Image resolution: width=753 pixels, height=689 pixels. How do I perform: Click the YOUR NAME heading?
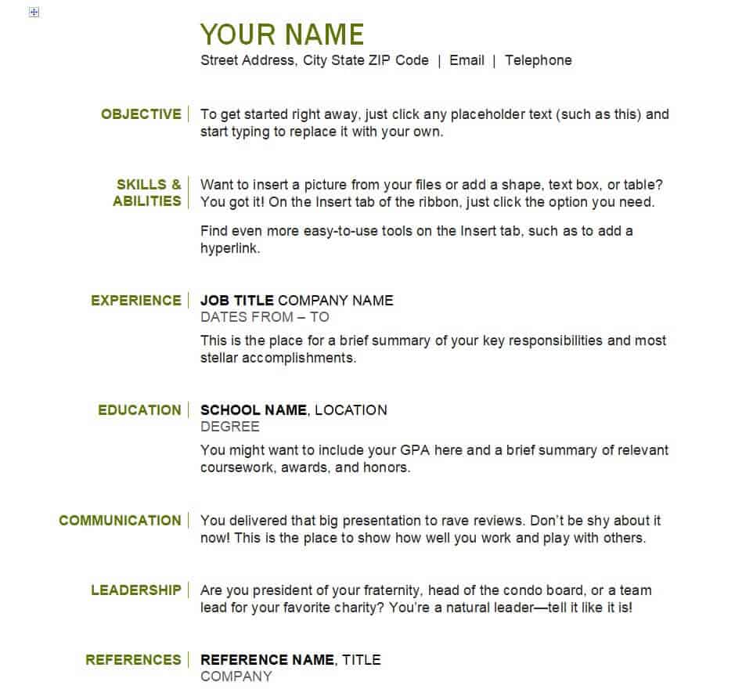pos(282,35)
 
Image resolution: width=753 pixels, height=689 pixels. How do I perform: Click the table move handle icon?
pos(34,13)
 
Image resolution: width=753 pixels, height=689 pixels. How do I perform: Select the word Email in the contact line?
pos(467,60)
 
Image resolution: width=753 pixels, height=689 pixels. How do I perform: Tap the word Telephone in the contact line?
pos(538,60)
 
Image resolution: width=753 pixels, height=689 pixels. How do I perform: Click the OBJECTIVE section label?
pos(141,114)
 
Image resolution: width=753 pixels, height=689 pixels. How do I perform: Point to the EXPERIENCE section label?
pos(135,301)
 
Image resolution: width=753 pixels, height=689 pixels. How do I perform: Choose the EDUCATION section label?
pos(139,410)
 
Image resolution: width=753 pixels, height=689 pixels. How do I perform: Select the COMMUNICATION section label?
pos(120,521)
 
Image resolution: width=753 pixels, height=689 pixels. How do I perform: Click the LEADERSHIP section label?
pos(135,590)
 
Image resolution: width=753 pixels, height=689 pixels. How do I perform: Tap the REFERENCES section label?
pos(133,660)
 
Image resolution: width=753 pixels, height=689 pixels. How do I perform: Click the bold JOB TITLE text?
pos(237,301)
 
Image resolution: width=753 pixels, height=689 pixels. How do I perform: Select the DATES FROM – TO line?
pos(265,317)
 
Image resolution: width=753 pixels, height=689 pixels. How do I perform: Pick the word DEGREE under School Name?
pos(230,427)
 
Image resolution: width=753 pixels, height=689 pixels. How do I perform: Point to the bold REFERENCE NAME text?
pos(268,660)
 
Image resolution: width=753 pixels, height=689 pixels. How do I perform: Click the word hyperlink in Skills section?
pos(229,249)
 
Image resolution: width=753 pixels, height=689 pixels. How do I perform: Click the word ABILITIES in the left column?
pos(146,201)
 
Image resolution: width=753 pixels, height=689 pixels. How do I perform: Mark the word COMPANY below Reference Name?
pos(236,676)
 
